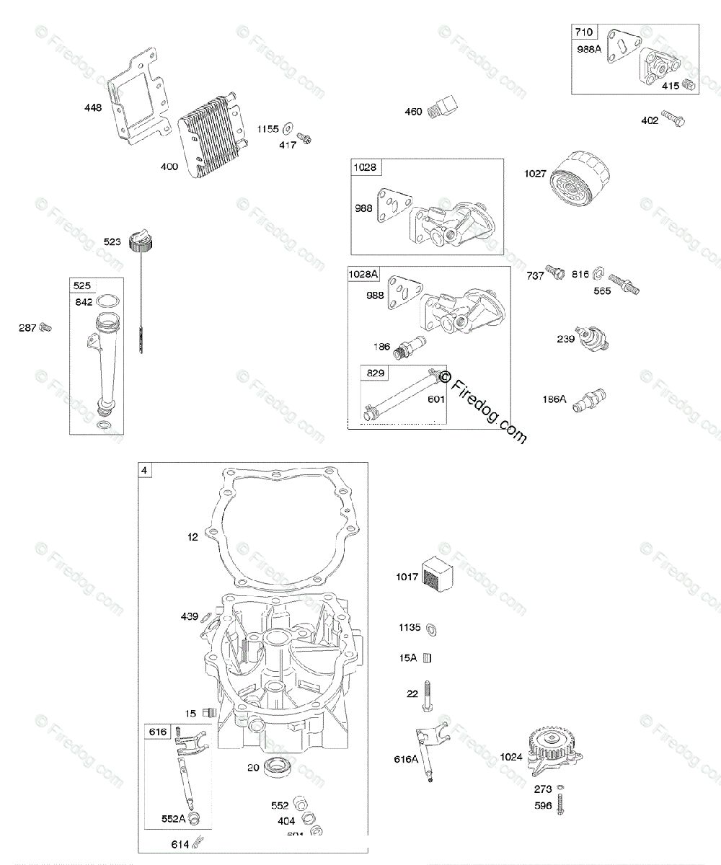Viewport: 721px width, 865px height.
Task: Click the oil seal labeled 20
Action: (278, 768)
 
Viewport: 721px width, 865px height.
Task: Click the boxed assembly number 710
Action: (583, 32)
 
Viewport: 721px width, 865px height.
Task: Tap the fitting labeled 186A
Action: (588, 398)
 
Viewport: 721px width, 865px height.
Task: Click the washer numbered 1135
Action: (430, 628)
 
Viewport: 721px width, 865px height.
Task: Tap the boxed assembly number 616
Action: (157, 732)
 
